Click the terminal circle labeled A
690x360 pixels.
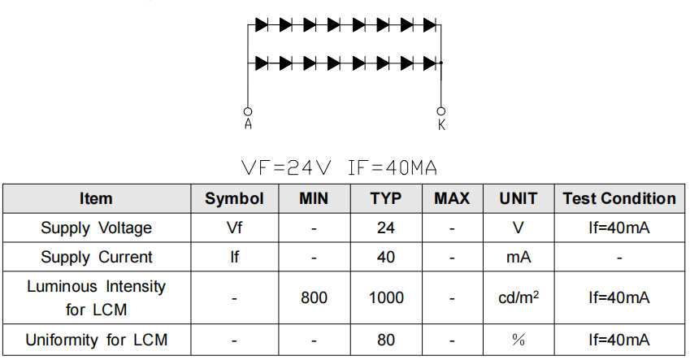tap(248, 111)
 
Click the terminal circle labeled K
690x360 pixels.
tap(441, 111)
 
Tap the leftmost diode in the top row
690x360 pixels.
tap(262, 25)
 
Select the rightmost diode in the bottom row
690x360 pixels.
tap(430, 63)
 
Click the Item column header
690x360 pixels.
tap(96, 198)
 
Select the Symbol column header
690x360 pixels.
tap(234, 198)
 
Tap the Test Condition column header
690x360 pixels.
tap(619, 198)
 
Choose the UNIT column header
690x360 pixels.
tap(519, 198)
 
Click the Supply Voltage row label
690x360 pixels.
tap(96, 228)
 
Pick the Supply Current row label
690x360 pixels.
tap(96, 257)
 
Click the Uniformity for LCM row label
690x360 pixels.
tap(96, 340)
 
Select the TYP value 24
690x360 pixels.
tap(386, 228)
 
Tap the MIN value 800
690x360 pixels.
tap(314, 298)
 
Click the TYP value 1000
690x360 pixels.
tap(386, 298)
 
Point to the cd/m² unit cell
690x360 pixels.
tap(519, 298)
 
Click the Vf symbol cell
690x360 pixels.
tap(234, 228)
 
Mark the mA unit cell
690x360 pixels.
tap(519, 257)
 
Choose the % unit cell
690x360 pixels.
tap(519, 340)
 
